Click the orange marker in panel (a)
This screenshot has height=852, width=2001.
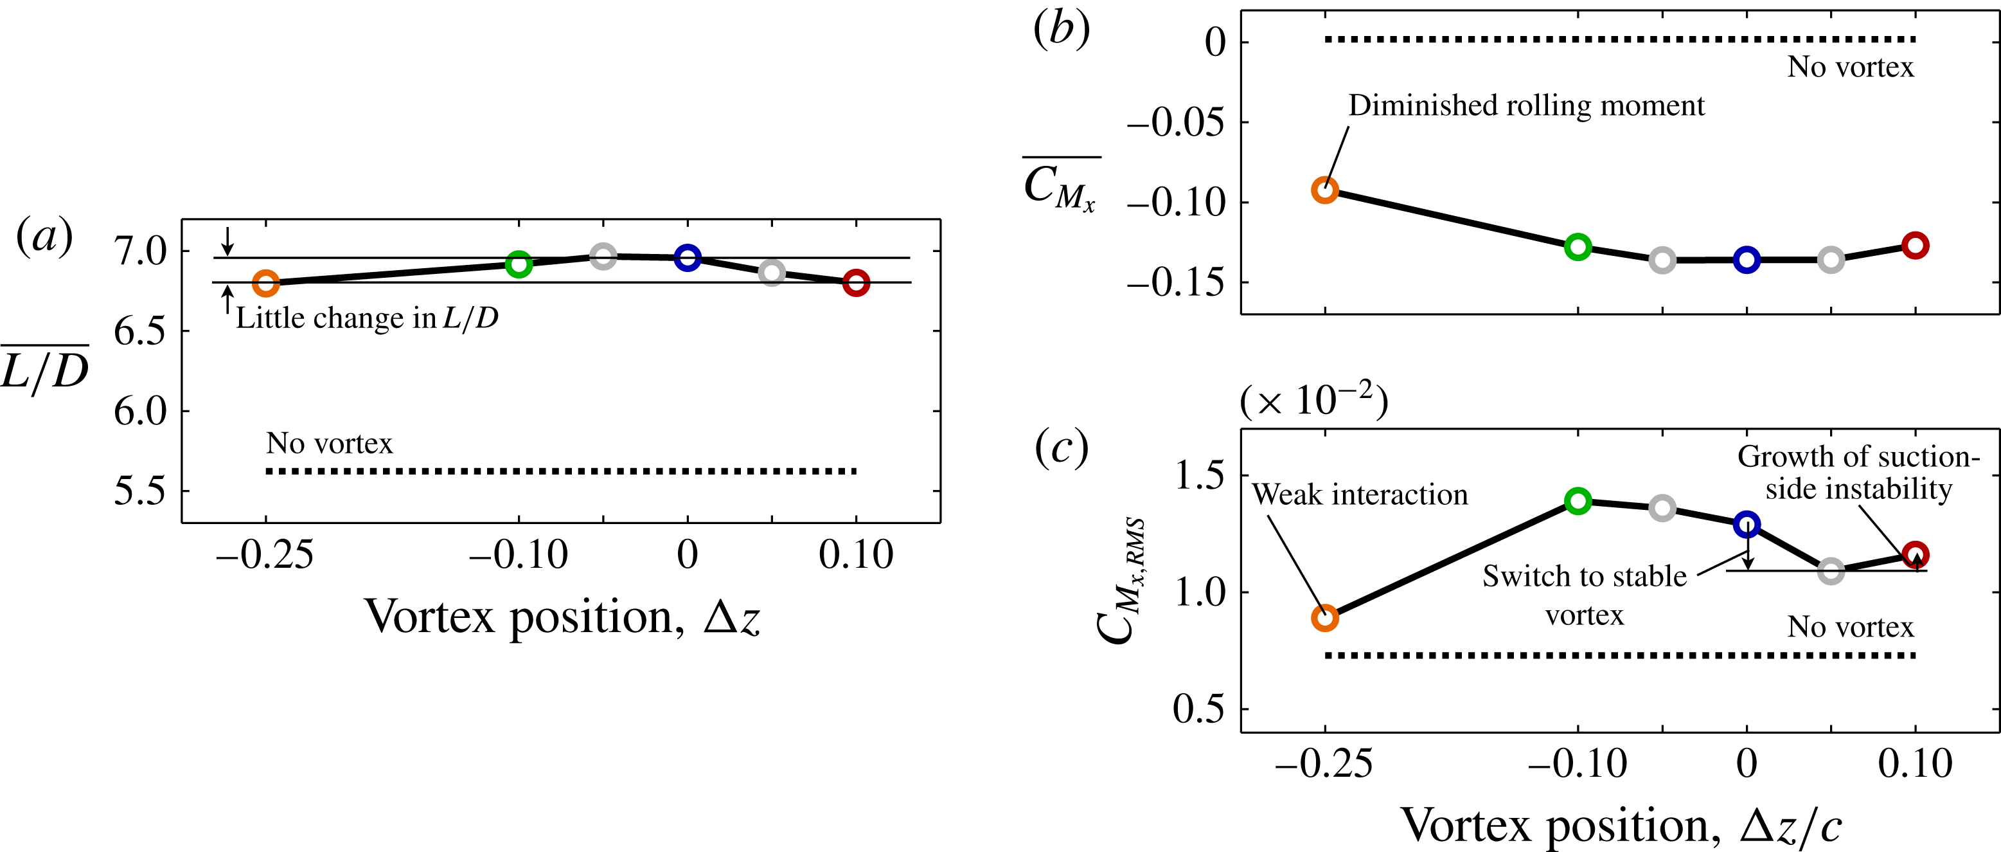[x=265, y=283]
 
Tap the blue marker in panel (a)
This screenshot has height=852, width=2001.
[x=688, y=257]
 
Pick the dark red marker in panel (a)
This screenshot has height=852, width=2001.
[x=856, y=282]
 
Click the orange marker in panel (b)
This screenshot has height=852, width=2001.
[x=1325, y=190]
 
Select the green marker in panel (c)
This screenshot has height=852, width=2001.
[x=1578, y=501]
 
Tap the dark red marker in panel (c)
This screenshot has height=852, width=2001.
[x=1916, y=554]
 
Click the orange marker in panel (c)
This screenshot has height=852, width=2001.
[x=1325, y=618]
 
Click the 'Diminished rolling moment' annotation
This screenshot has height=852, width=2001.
[x=1526, y=105]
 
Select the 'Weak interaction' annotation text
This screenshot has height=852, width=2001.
[x=1359, y=495]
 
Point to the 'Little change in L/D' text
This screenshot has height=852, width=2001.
[x=367, y=318]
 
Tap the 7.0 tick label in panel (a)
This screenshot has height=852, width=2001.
[x=140, y=251]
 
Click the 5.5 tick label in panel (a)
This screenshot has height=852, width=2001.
[x=140, y=491]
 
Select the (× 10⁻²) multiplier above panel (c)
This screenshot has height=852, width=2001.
[x=1313, y=401]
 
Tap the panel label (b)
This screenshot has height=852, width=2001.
[x=1061, y=31]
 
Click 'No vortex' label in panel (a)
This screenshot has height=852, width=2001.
[x=330, y=443]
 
